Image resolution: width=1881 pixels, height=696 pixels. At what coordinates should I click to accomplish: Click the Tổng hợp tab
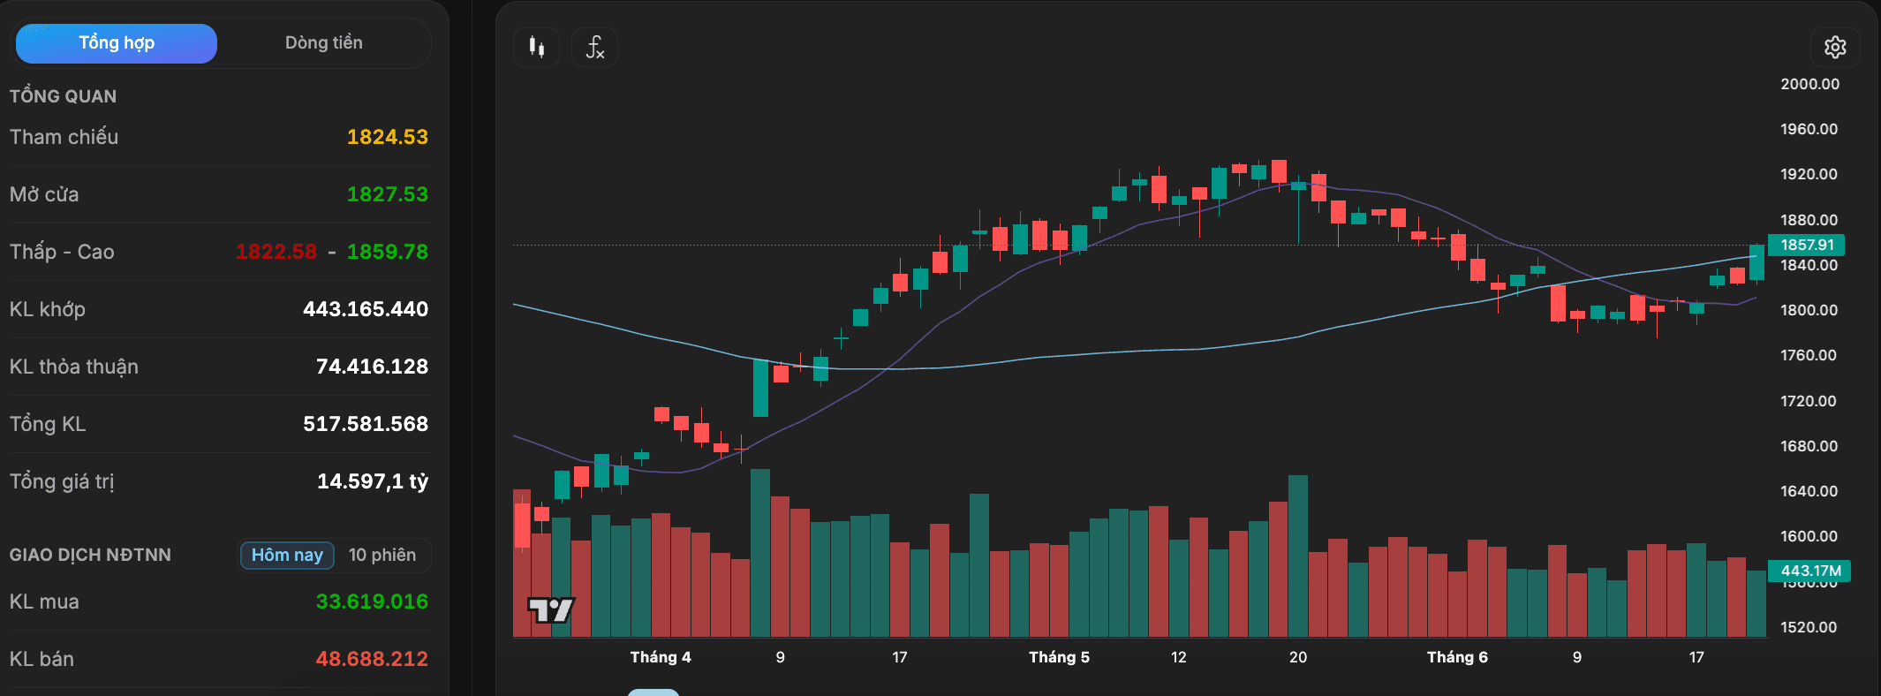click(117, 43)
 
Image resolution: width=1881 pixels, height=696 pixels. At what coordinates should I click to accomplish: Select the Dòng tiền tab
click(323, 43)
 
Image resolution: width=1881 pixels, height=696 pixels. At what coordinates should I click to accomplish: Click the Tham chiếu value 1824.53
click(387, 137)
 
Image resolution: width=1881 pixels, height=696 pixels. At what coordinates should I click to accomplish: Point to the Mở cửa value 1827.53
click(387, 194)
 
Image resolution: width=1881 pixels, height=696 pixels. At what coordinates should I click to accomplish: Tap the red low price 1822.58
click(276, 252)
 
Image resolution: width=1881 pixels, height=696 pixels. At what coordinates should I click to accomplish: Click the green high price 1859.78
click(387, 252)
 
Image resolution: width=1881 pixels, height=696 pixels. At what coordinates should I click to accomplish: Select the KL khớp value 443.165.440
click(366, 309)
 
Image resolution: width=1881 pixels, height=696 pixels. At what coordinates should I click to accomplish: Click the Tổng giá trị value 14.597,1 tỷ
click(373, 481)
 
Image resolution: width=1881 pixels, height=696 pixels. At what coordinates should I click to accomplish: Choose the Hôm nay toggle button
click(287, 555)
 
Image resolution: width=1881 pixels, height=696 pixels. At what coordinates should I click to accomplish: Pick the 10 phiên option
click(382, 555)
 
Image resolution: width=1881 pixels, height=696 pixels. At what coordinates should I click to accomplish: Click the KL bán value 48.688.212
click(372, 659)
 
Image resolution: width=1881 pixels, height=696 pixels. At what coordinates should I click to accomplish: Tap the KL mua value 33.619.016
click(372, 601)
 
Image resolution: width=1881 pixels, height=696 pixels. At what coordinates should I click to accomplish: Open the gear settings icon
click(1835, 47)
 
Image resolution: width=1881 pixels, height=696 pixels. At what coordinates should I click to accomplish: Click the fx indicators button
click(594, 47)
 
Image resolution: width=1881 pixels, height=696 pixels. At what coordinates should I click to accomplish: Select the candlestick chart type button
click(536, 47)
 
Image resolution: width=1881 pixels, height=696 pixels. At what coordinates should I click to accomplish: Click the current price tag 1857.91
click(1806, 245)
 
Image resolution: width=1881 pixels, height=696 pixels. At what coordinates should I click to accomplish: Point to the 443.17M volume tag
click(1809, 571)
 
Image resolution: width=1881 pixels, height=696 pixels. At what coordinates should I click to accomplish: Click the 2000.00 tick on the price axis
click(1809, 84)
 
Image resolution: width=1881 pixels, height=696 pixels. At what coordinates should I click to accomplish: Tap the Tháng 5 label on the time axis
click(1059, 657)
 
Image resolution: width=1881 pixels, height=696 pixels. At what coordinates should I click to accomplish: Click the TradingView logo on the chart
click(551, 609)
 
